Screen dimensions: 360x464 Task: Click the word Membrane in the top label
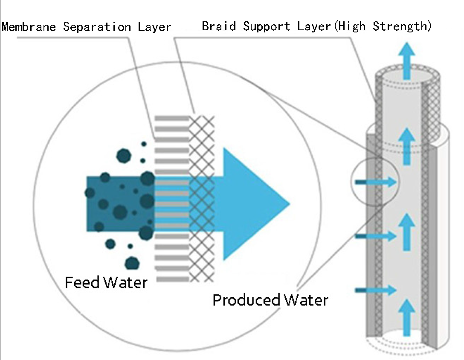tap(29, 27)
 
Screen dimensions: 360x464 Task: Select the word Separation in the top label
tap(97, 27)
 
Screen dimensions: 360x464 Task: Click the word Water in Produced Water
tap(306, 300)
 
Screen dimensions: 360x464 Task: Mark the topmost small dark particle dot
tap(144, 144)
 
